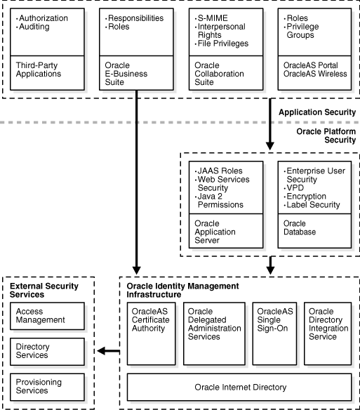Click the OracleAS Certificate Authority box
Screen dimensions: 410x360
pyautogui.click(x=150, y=333)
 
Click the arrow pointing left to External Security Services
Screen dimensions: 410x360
pyautogui.click(x=108, y=351)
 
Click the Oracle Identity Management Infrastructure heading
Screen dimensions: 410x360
pyautogui.click(x=182, y=290)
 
